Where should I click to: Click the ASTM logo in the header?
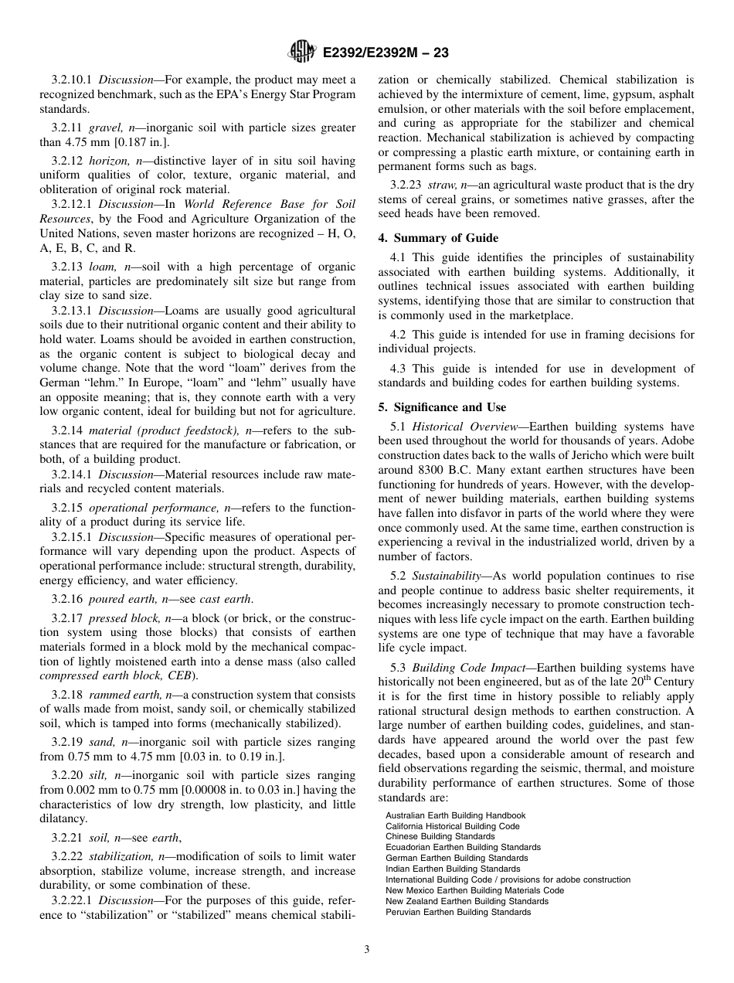click(301, 53)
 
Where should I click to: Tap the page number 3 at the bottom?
click(367, 950)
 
